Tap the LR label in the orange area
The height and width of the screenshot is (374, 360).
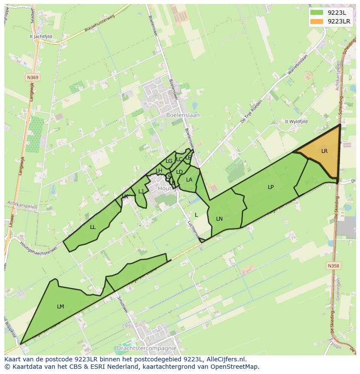pyautogui.click(x=324, y=151)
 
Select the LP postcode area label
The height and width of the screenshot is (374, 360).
pyautogui.click(x=270, y=187)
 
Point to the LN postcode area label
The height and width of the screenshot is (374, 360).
pyautogui.click(x=219, y=219)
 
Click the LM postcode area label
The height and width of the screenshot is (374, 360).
pyautogui.click(x=60, y=307)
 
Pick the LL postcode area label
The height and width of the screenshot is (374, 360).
pyautogui.click(x=93, y=227)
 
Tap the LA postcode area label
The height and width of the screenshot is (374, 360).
pyautogui.click(x=189, y=180)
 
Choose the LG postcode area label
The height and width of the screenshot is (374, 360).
pyautogui.click(x=169, y=161)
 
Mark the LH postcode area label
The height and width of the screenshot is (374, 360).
pyautogui.click(x=159, y=171)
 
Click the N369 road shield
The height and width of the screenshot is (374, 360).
pyautogui.click(x=32, y=77)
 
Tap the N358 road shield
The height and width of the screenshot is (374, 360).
pyautogui.click(x=333, y=265)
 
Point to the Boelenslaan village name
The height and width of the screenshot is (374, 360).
pyautogui.click(x=183, y=116)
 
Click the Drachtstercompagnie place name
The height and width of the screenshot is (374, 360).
pyautogui.click(x=147, y=348)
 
